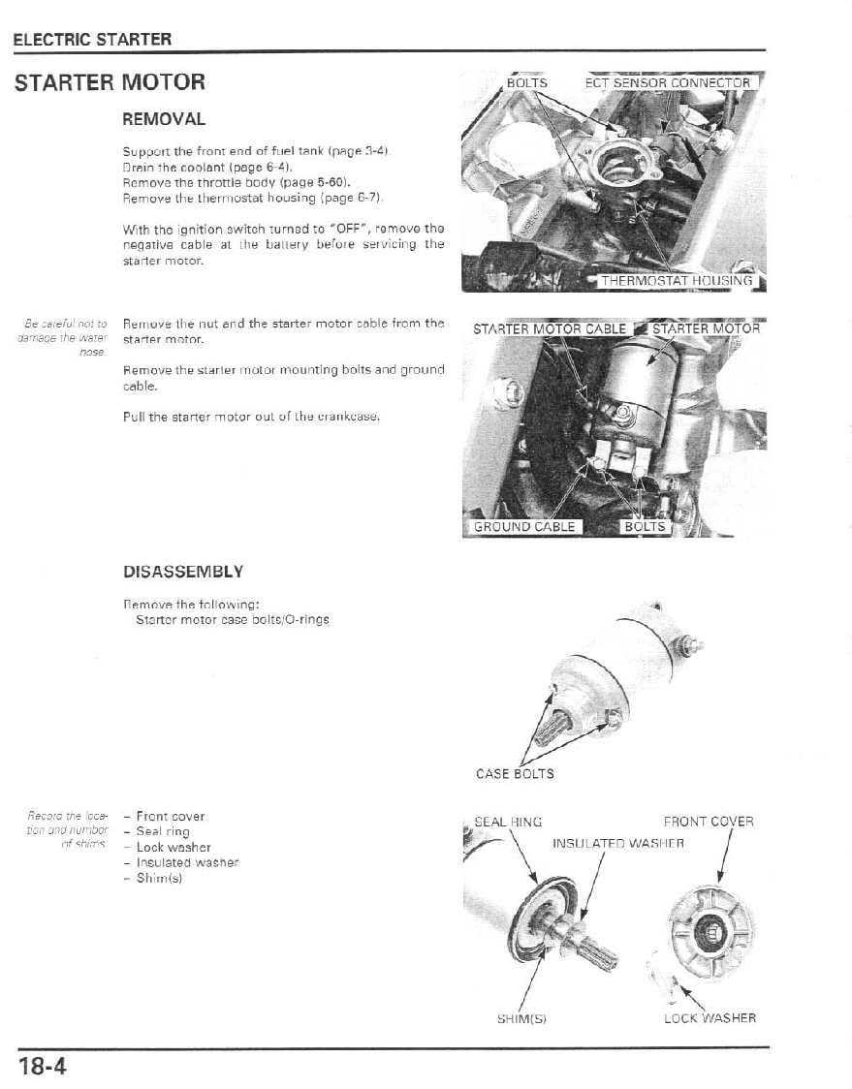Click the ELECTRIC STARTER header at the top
92,40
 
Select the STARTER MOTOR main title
110,82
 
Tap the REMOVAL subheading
164,119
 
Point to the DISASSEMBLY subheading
183,571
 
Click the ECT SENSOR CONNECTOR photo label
668,82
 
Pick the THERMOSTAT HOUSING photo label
677,281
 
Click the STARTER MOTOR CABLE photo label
550,328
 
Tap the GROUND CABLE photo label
523,527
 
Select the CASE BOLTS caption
515,773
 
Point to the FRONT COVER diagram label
709,822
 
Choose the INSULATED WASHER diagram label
618,843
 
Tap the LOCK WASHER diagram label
710,1018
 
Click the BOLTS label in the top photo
527,82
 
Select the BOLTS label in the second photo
645,527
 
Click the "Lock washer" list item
174,847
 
